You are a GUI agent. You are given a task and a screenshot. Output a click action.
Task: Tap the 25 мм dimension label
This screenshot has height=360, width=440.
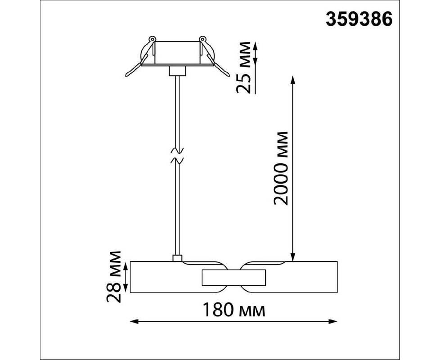(x=243, y=67)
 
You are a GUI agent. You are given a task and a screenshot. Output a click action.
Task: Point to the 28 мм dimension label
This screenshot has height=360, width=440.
(x=114, y=277)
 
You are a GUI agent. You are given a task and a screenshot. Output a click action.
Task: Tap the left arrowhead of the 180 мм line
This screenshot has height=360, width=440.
(x=134, y=321)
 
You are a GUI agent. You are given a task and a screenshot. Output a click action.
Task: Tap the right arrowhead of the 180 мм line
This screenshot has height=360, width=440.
(x=333, y=321)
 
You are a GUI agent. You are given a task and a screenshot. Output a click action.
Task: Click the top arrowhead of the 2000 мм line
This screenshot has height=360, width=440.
(x=293, y=80)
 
